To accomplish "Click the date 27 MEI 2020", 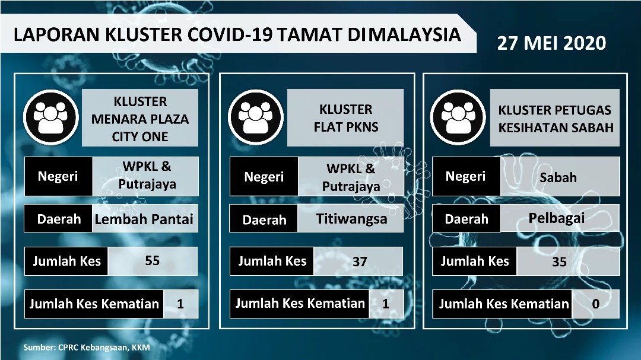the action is pos(551,43).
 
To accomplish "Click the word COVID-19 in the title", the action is pos(230,34).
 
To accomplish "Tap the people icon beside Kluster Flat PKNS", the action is pos(256,117).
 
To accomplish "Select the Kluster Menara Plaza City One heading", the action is pos(140,119).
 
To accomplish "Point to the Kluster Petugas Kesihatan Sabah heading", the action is pos(556,119).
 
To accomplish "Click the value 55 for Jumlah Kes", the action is pos(152,260).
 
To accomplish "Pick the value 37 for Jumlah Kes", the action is pos(359,261).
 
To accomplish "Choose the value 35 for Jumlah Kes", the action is pos(559,262).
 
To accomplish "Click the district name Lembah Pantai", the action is pos(144,219).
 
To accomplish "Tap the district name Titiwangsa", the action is pos(351,219).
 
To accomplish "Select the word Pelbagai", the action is pos(556,218).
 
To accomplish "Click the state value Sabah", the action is pos(558,177).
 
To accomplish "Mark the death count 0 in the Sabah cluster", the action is pos(596,304).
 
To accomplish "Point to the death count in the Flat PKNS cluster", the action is pos(386,303).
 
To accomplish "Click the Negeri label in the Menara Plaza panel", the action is pos(58,176).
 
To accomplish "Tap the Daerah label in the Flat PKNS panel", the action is pos(264,220).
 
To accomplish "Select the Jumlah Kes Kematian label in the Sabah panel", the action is pos(504,304).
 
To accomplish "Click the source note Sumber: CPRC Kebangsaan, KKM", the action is pos(87,348).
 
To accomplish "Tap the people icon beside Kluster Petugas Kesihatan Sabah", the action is pos(458,117).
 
